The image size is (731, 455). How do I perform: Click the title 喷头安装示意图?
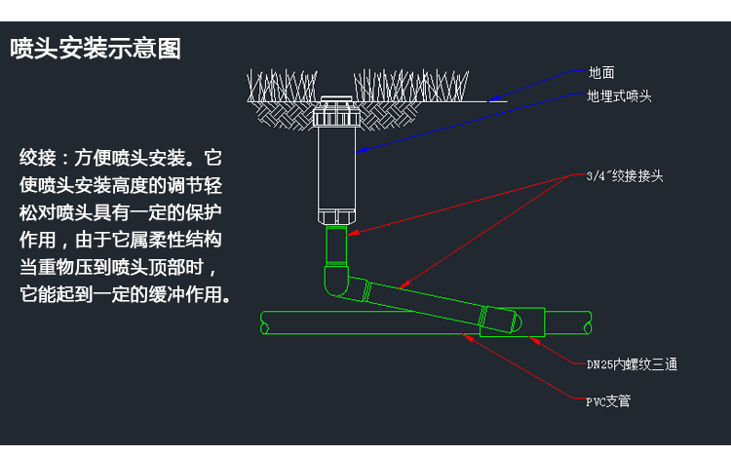96,49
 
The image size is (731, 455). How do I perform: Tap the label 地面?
600,72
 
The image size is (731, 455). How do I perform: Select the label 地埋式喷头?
619,96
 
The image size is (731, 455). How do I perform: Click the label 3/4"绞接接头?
625,176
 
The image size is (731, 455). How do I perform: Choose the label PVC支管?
607,400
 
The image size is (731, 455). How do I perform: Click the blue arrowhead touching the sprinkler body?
359,149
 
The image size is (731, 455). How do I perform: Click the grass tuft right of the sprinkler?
409,85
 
